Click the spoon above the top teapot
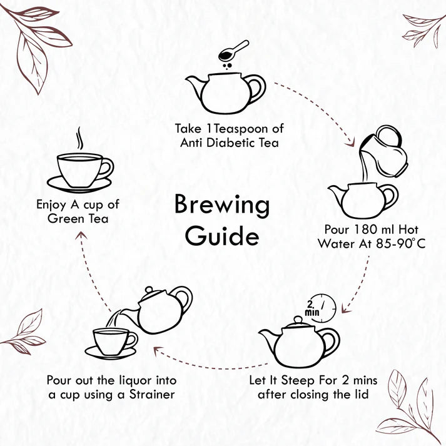click(234, 51)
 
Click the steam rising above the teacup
click(79, 139)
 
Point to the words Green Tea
click(78, 218)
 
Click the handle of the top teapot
click(256, 89)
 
